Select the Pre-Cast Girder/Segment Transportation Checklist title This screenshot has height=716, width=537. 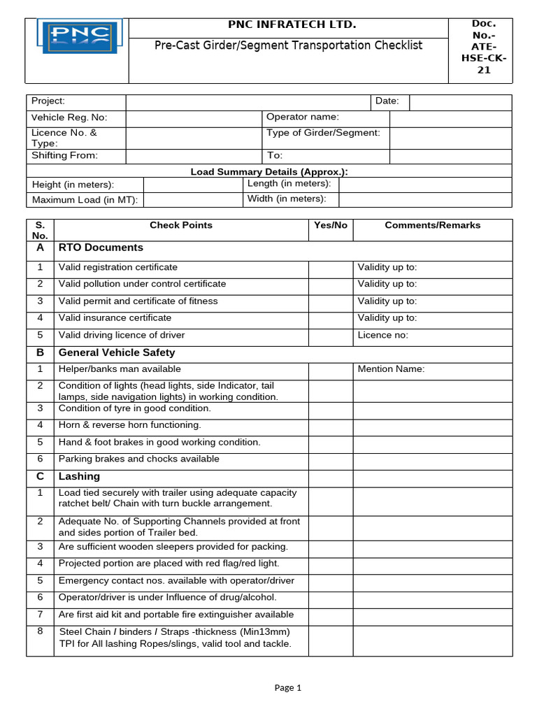tap(288, 45)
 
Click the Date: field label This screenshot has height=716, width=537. tap(387, 101)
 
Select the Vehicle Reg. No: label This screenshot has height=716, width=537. tap(69, 117)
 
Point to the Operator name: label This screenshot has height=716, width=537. tap(303, 117)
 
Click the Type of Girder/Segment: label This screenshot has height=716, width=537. tap(323, 133)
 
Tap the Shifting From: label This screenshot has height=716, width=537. tap(64, 155)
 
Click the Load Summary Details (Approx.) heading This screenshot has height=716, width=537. tap(269, 171)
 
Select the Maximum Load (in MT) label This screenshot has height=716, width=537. tap(85, 200)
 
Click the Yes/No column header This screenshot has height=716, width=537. tap(330, 225)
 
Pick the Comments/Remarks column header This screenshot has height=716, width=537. tap(432, 225)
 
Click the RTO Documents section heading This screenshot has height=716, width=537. tap(101, 248)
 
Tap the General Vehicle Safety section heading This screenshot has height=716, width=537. tap(117, 352)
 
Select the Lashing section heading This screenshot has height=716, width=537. tap(79, 476)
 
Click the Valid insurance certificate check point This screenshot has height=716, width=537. tap(115, 317)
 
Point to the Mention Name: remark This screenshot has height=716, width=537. tap(391, 369)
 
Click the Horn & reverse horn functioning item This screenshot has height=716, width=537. tap(129, 425)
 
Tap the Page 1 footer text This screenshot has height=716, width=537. tap(287, 687)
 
